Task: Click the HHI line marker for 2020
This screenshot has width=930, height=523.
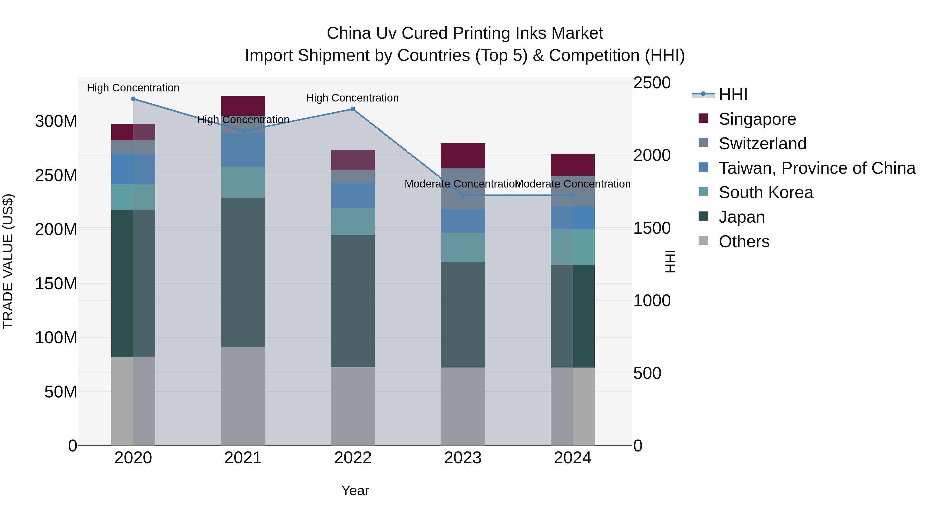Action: point(133,99)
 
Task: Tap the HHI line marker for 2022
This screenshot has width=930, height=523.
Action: point(353,109)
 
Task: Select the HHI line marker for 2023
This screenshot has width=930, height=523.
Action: point(463,195)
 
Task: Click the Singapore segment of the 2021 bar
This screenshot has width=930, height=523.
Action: point(243,105)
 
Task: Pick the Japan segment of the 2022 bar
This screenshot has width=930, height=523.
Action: point(353,301)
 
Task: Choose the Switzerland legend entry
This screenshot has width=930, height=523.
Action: point(762,144)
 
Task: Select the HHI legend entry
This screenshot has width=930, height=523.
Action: point(733,95)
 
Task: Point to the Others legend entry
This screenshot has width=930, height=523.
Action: point(744,241)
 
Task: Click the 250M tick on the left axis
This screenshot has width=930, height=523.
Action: point(56,175)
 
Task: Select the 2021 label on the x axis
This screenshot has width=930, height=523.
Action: point(243,458)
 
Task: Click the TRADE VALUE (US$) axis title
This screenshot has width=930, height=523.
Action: point(8,261)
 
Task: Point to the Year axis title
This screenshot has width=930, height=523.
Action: point(355,490)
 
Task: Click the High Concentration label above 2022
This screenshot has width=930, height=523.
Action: point(352,98)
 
